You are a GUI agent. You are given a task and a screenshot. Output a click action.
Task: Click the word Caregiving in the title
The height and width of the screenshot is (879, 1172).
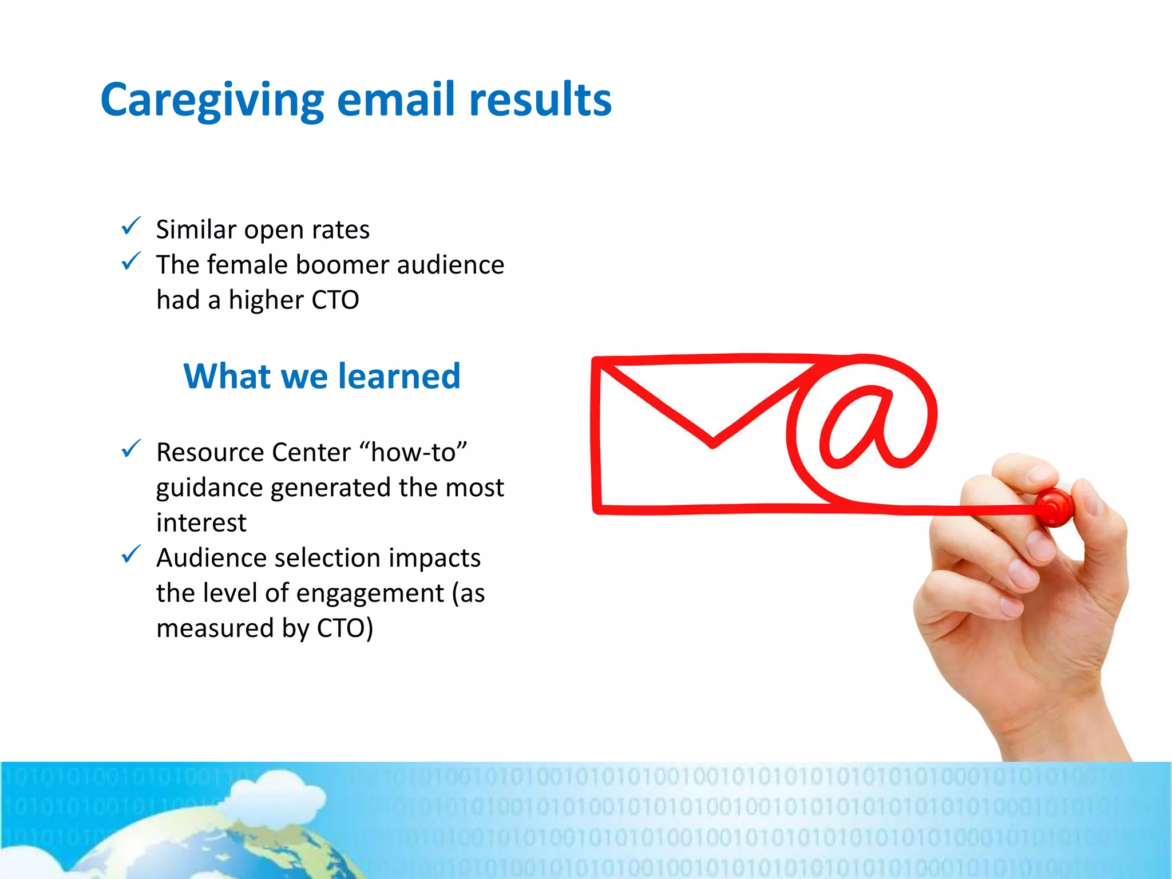[x=212, y=100]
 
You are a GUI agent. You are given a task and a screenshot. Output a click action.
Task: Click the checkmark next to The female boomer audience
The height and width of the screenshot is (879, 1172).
[x=131, y=262]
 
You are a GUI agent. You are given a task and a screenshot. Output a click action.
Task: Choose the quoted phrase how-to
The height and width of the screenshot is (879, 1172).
[x=413, y=452]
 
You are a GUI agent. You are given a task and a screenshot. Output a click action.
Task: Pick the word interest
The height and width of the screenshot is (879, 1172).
[x=201, y=522]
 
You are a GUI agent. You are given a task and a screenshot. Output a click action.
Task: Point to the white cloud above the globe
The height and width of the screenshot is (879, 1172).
[x=280, y=793]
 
